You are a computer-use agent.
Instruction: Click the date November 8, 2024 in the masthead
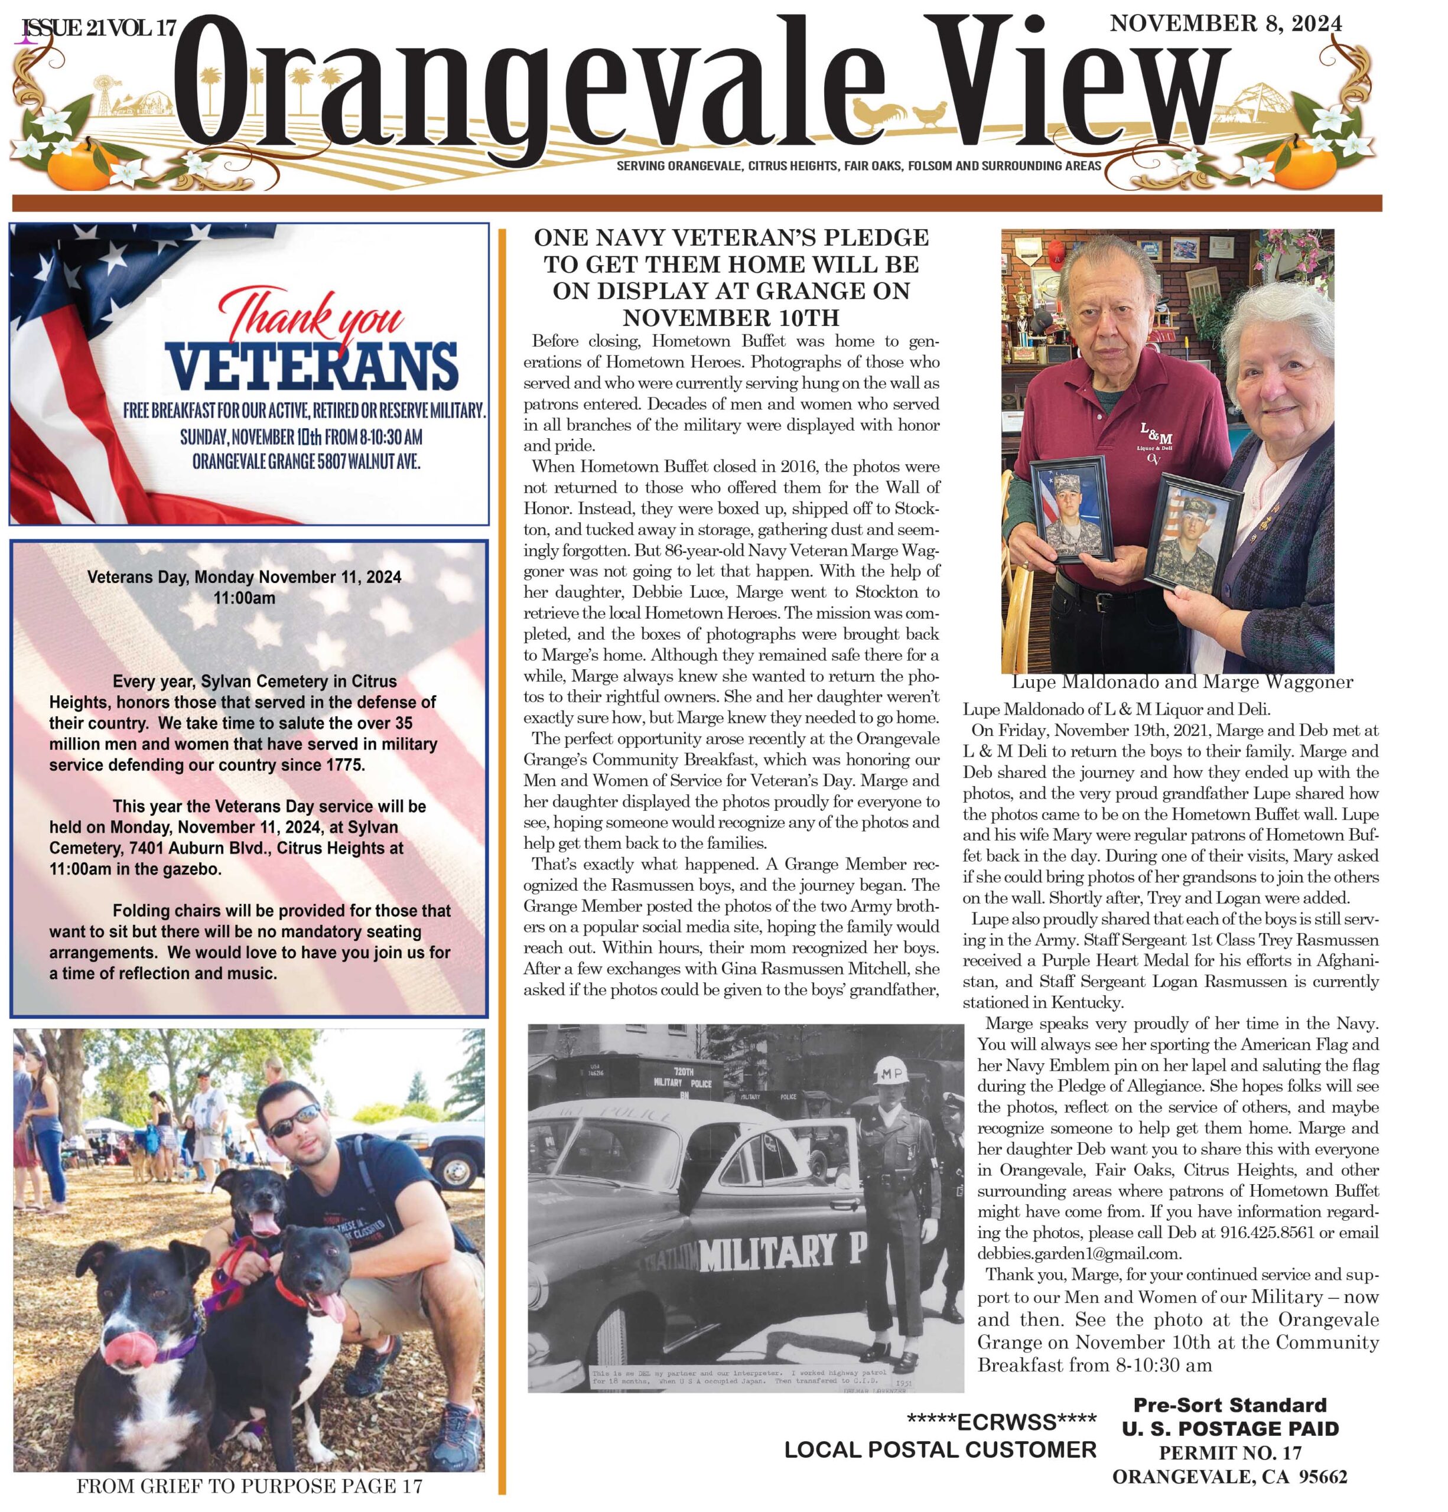pyautogui.click(x=1225, y=24)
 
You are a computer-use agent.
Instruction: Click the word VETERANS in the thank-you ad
pyautogui.click(x=313, y=367)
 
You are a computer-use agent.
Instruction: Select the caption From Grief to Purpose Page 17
pyautogui.click(x=249, y=1485)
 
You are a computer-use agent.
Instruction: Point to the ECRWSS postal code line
pyautogui.click(x=1001, y=1421)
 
